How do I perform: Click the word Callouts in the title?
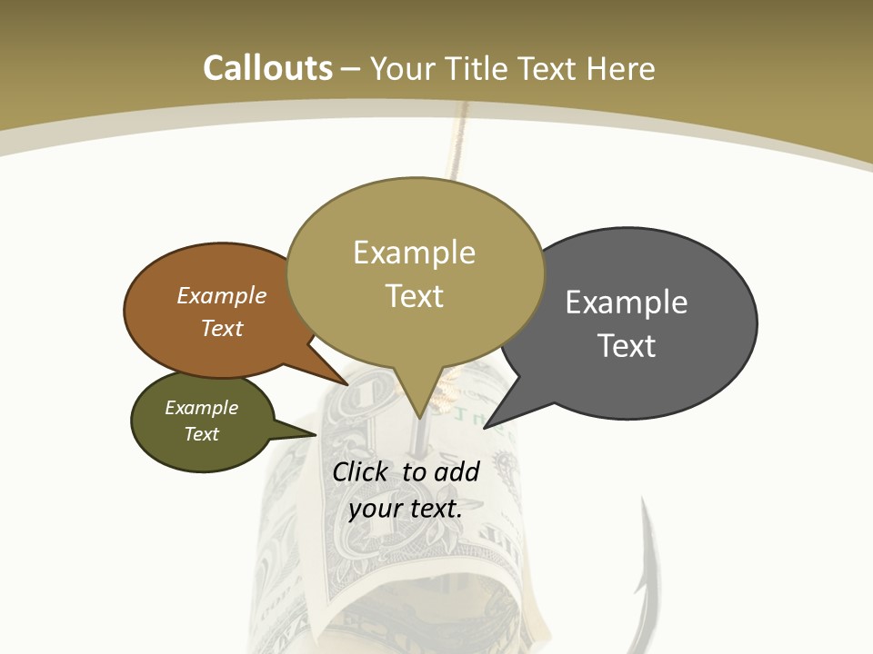[267, 68]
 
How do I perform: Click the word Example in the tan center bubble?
[414, 253]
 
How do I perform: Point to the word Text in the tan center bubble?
[414, 296]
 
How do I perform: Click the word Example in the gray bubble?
[627, 302]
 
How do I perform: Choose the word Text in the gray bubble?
[627, 346]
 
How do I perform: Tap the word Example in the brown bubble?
[222, 295]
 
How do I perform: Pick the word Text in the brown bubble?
[222, 328]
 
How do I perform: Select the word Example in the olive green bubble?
[202, 408]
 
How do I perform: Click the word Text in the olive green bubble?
[202, 434]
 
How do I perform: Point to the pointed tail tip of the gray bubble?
[485, 427]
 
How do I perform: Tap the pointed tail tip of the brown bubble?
[348, 384]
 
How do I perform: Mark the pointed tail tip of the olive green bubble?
[316, 434]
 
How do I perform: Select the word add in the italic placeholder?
[457, 471]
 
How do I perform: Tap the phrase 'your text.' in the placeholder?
[406, 509]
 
